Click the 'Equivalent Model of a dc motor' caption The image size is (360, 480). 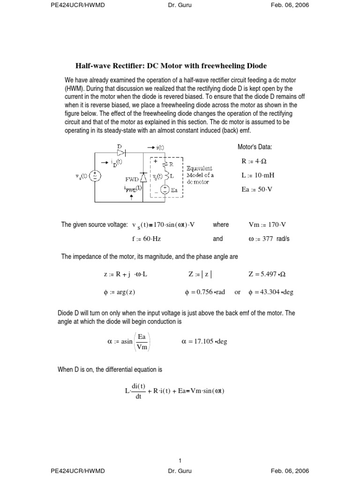[x=200, y=175]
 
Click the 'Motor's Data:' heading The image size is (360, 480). [x=255, y=147]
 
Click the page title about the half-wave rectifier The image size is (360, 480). [x=171, y=66]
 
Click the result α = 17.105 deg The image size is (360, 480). [x=204, y=341]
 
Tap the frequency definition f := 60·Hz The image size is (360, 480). [x=146, y=239]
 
